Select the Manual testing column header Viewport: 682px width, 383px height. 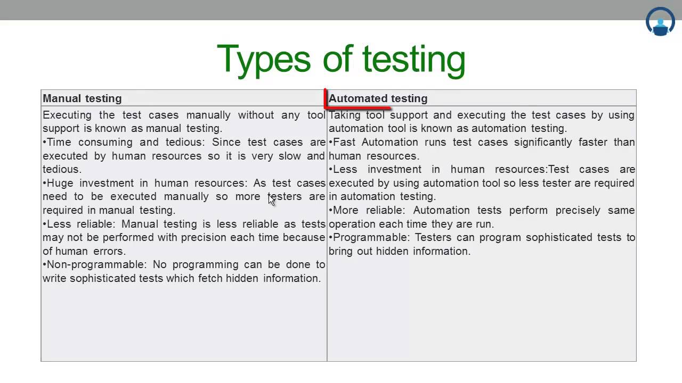(x=82, y=98)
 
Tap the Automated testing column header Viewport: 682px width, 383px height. (x=378, y=98)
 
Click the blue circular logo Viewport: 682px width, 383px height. (x=660, y=21)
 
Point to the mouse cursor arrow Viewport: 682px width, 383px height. (x=271, y=199)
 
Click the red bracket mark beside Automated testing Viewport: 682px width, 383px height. (x=327, y=99)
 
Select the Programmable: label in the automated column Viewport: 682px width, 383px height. (x=371, y=237)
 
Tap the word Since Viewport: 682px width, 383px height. (x=226, y=142)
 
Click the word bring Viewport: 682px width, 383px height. (x=340, y=251)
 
